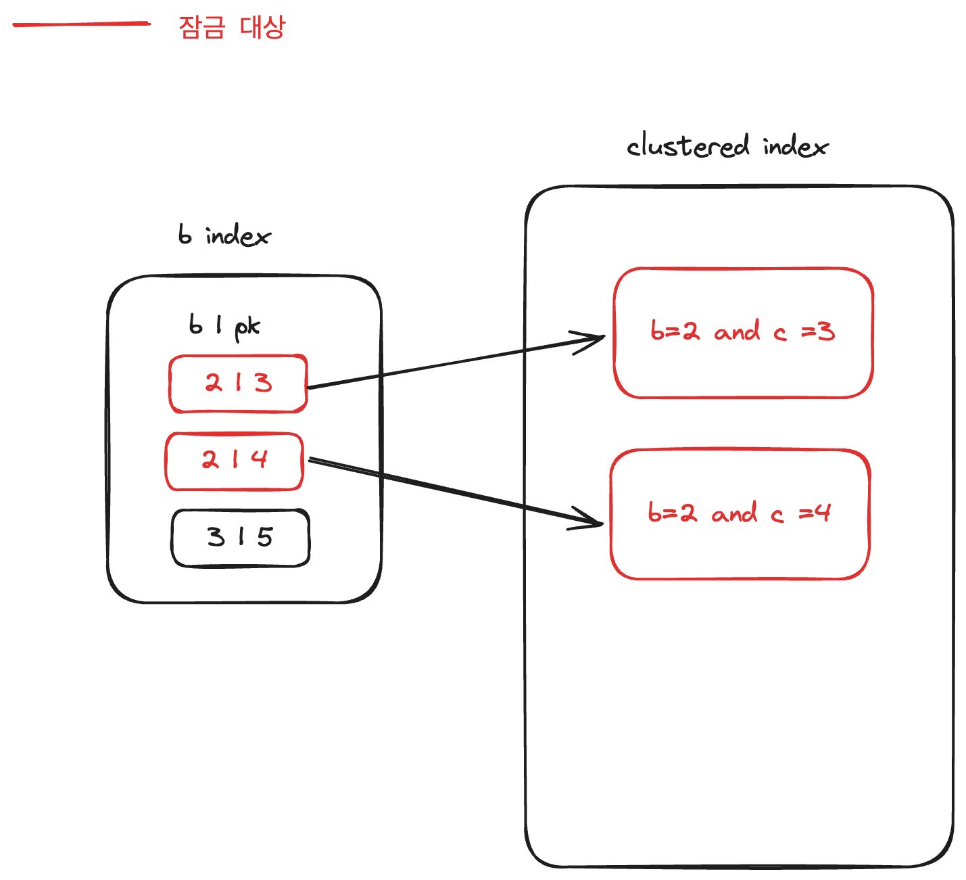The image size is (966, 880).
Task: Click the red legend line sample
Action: click(x=81, y=24)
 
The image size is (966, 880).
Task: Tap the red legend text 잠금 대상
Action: click(x=232, y=27)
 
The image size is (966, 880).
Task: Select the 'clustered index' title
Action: click(x=727, y=146)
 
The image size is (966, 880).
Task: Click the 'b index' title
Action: click(x=224, y=235)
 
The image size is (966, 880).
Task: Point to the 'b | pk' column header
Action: click(x=224, y=326)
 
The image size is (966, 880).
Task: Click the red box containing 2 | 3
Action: click(x=238, y=384)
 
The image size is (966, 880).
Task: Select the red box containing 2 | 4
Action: click(x=235, y=461)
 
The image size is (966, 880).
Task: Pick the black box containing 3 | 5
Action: click(x=240, y=538)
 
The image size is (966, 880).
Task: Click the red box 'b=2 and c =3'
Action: click(x=743, y=332)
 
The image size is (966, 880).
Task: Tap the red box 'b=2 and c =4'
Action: click(x=740, y=514)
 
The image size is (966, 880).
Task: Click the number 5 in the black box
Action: click(x=265, y=537)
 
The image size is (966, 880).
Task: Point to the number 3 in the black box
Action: click(x=216, y=537)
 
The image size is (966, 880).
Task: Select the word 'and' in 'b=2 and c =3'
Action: click(x=737, y=332)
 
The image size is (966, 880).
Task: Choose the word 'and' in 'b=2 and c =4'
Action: click(x=734, y=514)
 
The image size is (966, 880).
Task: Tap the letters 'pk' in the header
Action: click(x=247, y=327)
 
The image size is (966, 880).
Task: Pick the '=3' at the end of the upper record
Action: click(x=818, y=331)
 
